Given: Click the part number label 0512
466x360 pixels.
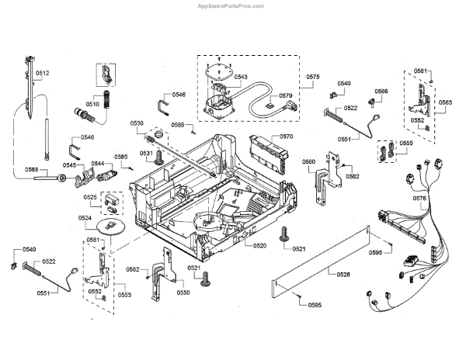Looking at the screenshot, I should click(x=43, y=73).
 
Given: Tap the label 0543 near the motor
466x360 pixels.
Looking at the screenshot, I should click(x=240, y=78).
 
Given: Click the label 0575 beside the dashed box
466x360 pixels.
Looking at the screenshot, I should click(x=313, y=78).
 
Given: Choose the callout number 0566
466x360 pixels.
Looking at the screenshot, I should click(x=381, y=92).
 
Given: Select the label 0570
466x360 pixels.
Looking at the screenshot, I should click(x=287, y=137).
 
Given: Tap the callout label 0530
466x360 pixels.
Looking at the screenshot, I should click(x=137, y=124).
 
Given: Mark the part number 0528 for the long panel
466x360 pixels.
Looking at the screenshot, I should click(x=343, y=274).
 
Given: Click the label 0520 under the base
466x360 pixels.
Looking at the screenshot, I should click(x=259, y=245).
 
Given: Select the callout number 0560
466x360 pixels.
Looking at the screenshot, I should click(x=308, y=162).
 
